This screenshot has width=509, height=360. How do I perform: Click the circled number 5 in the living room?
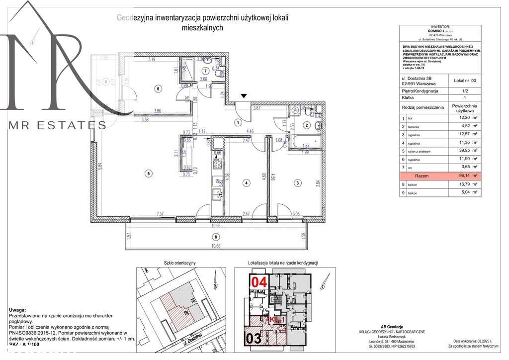coord(148,174)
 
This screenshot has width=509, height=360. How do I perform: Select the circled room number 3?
coord(297,183)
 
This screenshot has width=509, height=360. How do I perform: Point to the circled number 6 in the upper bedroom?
coord(158,89)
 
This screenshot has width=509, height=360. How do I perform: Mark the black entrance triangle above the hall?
coord(244,95)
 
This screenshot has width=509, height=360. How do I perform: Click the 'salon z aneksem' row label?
coord(420,151)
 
